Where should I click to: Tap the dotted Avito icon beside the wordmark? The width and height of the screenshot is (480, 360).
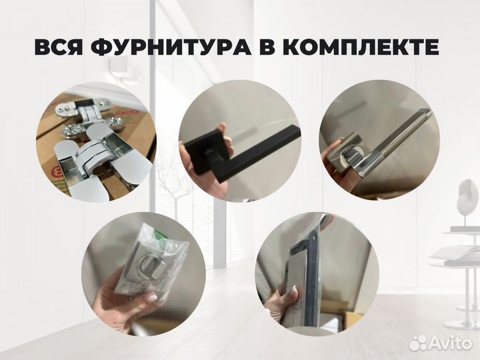[x=419, y=343]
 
